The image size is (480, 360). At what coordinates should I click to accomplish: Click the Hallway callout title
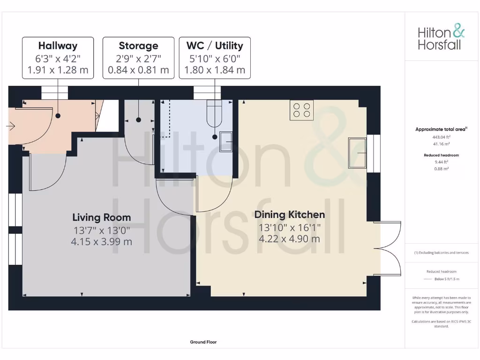(58, 45)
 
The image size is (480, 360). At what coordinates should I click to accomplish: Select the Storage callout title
(138, 45)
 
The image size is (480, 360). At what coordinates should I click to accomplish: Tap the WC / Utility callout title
(215, 45)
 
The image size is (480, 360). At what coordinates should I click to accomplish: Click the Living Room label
(102, 217)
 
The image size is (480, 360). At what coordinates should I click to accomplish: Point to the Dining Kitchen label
(289, 215)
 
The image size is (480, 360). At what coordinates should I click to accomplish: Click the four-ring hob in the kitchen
(301, 110)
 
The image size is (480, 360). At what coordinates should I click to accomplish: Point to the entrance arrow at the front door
(11, 126)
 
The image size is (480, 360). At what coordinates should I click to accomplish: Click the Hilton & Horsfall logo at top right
(441, 38)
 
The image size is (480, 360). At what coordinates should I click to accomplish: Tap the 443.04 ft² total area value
(440, 137)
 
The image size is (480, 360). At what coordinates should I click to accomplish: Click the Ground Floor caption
(203, 342)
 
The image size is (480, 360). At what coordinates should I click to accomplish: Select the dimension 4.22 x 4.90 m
(289, 239)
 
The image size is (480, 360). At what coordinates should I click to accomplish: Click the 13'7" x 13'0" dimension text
(102, 230)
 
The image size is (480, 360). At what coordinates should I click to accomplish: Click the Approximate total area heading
(441, 129)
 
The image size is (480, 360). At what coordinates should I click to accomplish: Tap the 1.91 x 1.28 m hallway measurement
(58, 70)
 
